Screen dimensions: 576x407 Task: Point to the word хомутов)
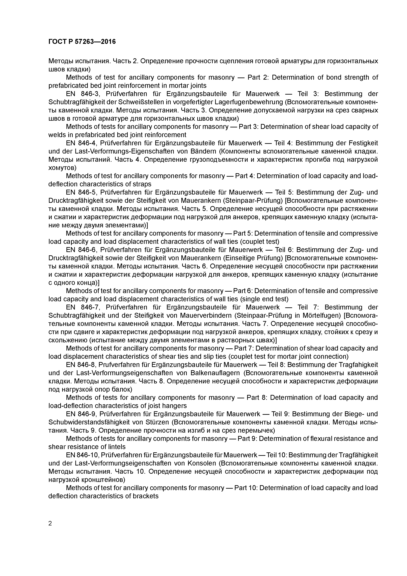(62, 168)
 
